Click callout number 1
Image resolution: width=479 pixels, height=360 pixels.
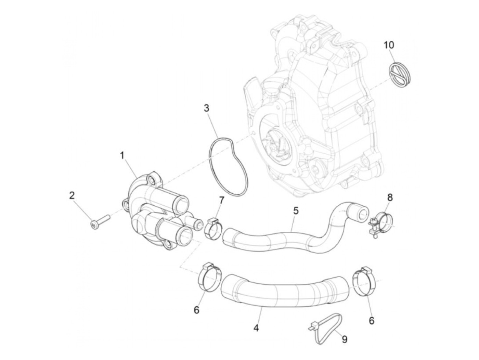coord(122,156)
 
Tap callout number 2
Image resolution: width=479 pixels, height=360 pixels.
coord(72,195)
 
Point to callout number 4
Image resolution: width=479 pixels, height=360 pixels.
coord(256,328)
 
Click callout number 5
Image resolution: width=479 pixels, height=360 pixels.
coord(296,210)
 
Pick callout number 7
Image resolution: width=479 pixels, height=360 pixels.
coord(221,200)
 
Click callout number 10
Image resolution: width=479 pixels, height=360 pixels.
coord(389,45)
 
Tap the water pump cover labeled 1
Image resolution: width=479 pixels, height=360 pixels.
coord(154,212)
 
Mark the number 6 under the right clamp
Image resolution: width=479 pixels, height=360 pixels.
coord(372,320)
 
